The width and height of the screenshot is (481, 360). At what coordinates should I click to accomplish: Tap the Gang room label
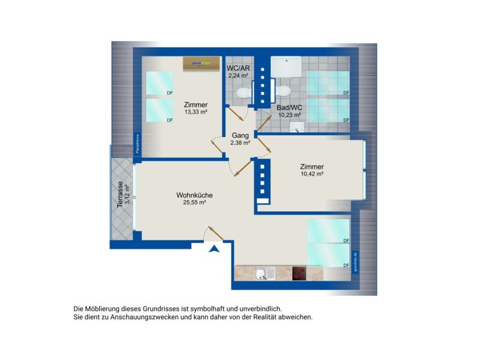pos(240,135)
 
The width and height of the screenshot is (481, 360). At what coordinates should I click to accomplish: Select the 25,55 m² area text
pos(194,203)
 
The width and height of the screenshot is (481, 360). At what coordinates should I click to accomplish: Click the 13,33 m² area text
pos(196,112)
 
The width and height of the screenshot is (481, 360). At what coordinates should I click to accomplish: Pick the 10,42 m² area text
pos(312,174)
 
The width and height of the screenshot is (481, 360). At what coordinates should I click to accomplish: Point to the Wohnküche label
pos(194,195)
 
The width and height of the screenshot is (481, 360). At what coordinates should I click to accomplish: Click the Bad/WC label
pos(289,108)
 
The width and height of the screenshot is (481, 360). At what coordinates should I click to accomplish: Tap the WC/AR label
pos(238,68)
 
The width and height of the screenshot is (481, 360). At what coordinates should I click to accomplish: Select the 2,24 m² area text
pos(238,76)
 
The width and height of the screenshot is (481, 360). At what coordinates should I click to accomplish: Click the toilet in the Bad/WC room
pos(283,91)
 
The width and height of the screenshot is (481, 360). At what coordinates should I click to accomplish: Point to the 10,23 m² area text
pos(289,115)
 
